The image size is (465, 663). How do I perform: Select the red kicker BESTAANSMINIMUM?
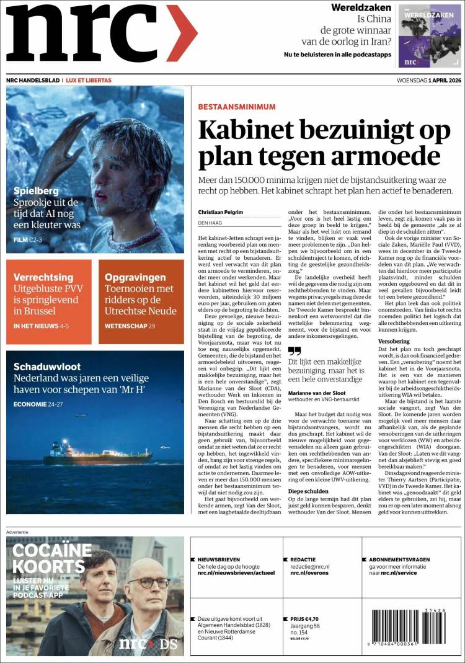point(237,107)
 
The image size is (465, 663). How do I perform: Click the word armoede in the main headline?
point(387,155)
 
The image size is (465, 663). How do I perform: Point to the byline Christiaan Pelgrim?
point(221,212)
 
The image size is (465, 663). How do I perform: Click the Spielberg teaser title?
point(36,191)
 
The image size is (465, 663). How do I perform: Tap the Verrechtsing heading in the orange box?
point(43,277)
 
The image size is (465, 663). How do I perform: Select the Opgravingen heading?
point(135,277)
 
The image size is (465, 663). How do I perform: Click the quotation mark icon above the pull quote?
point(294,351)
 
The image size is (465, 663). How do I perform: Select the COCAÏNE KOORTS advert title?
point(52,558)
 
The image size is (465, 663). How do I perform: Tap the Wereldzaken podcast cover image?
point(429,37)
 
